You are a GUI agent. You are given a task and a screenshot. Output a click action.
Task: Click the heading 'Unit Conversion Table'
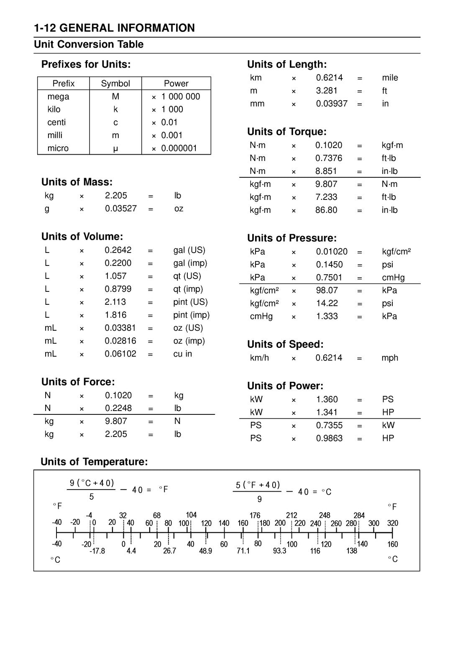[89, 44]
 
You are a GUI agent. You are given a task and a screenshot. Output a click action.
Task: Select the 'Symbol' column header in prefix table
[115, 84]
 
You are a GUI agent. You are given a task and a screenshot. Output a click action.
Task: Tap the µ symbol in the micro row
[115, 149]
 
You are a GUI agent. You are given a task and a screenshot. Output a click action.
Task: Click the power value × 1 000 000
[176, 97]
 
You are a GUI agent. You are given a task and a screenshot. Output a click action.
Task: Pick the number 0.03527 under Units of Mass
[121, 208]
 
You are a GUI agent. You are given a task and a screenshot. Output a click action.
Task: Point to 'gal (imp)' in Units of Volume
[190, 263]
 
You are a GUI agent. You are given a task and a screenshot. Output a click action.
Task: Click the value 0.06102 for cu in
[120, 354]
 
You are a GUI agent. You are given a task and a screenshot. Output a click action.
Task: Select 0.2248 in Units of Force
[118, 408]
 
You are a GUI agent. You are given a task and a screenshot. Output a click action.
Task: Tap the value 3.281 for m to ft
[327, 91]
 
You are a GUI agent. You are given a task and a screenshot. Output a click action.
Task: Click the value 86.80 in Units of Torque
[326, 210]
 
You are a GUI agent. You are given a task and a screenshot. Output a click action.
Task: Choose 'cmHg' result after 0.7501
[393, 278]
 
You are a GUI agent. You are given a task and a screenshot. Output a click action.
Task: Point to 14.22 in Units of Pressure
[327, 303]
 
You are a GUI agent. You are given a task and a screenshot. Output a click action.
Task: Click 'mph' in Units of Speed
[390, 358]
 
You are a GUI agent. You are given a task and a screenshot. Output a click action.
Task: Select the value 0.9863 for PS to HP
[329, 438]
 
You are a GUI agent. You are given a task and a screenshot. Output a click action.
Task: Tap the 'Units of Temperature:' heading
[94, 462]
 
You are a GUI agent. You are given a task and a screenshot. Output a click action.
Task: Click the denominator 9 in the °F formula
[260, 499]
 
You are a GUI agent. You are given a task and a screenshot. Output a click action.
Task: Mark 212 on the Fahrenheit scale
[291, 515]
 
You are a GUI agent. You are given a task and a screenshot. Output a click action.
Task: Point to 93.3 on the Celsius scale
[279, 551]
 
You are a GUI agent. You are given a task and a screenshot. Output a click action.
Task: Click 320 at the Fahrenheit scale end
[392, 523]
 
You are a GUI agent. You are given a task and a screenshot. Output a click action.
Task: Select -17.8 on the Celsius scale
[97, 551]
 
